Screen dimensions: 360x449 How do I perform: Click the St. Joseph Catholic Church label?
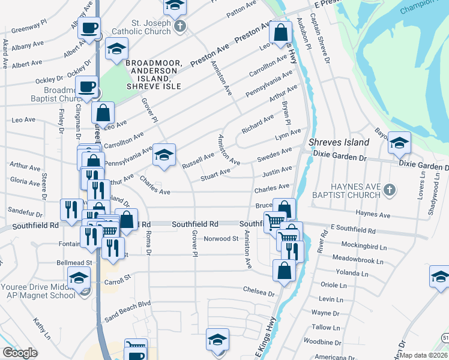pyautogui.click(x=142, y=28)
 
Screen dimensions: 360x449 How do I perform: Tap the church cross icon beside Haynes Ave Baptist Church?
pyautogui.click(x=390, y=190)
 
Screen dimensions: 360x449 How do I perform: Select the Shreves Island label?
pyautogui.click(x=338, y=142)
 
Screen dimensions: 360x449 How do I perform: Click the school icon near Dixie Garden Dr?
pyautogui.click(x=399, y=143)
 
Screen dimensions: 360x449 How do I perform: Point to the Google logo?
pyautogui.click(x=20, y=353)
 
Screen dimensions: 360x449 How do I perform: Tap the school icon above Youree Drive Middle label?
pyautogui.click(x=78, y=278)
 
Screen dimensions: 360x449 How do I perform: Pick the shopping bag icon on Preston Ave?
pyautogui.click(x=280, y=33)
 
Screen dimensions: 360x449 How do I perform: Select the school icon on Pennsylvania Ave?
pyautogui.click(x=164, y=155)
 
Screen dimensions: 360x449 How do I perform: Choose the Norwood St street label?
pyautogui.click(x=221, y=238)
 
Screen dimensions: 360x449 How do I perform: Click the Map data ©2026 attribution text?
pyautogui.click(x=424, y=355)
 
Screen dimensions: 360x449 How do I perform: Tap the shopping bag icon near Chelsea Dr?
pyautogui.click(x=284, y=271)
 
